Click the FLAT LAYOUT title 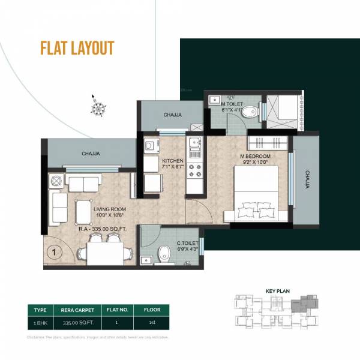[76, 48]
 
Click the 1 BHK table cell [41, 322]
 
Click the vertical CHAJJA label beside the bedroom [307, 179]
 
